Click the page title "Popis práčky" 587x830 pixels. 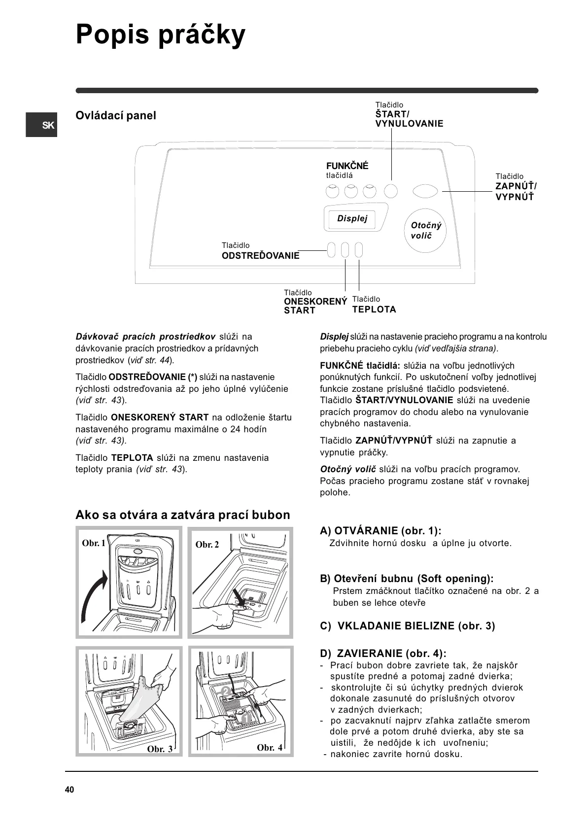[160, 35]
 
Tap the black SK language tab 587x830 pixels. [42, 125]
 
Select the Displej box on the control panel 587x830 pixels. [352, 218]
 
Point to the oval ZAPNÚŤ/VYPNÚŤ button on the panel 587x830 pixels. [424, 191]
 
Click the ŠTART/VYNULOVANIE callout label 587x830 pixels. [409, 119]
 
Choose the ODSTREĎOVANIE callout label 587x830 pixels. [260, 256]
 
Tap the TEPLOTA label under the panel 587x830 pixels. [374, 310]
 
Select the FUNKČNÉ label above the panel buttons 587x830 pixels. [347, 166]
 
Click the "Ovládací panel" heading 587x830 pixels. [115, 115]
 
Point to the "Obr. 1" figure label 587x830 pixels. [94, 543]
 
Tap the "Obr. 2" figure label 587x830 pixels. [207, 545]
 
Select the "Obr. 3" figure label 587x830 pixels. [160, 749]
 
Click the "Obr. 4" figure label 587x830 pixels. [270, 748]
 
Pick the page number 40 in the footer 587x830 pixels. [69, 790]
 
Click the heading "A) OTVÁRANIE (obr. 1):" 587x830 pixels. [380, 531]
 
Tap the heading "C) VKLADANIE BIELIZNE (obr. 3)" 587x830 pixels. [407, 626]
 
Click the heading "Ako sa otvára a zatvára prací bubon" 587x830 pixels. [182, 515]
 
